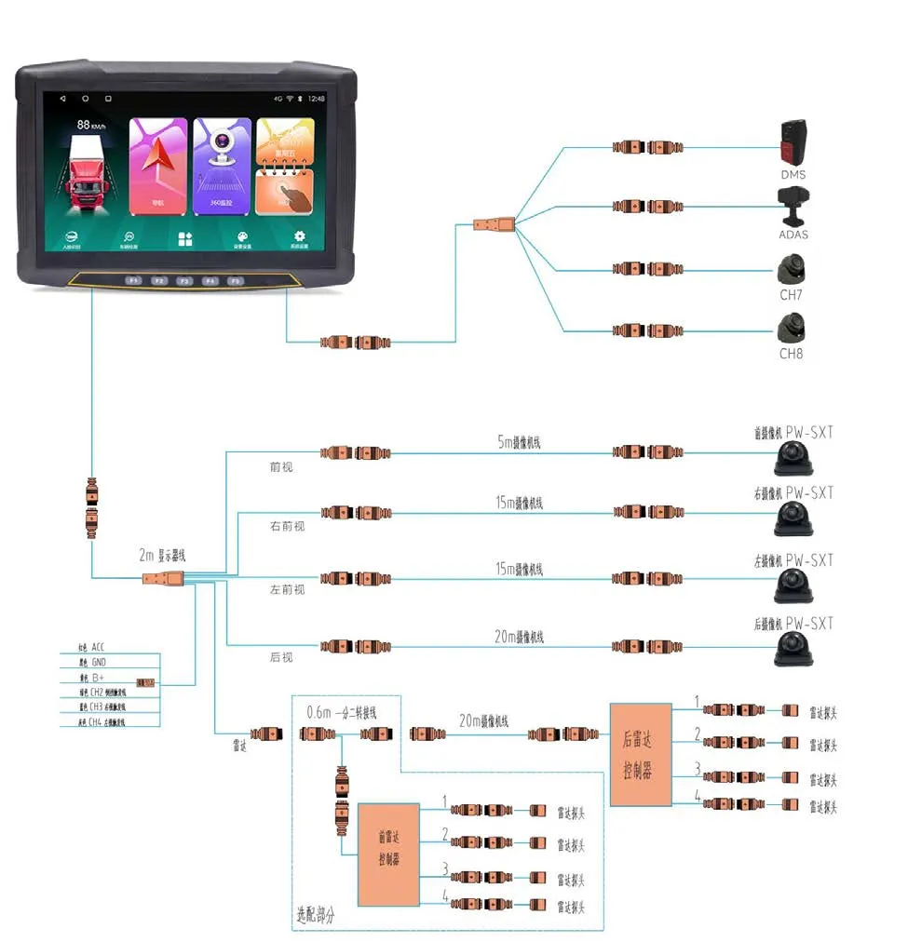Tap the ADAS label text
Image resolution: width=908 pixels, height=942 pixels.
(x=793, y=235)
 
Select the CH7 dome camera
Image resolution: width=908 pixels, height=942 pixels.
(x=791, y=271)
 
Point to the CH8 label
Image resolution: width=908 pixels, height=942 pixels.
(x=791, y=354)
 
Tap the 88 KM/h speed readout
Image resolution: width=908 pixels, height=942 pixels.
(x=91, y=125)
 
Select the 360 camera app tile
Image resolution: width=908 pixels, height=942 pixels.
(x=222, y=166)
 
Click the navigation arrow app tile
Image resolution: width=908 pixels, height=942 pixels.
(x=157, y=166)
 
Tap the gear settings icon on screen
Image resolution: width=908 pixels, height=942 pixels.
(x=299, y=237)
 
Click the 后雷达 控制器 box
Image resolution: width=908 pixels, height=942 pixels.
(x=641, y=754)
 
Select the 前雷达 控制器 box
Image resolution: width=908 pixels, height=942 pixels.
(x=388, y=848)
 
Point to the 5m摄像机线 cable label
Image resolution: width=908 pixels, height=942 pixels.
(x=520, y=443)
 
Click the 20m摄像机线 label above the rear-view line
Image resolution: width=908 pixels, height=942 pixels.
(x=520, y=637)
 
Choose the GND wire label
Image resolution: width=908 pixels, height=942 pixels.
(x=99, y=662)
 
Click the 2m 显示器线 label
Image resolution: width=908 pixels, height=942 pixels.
(x=163, y=555)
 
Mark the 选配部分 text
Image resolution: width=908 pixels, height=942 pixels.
(x=316, y=916)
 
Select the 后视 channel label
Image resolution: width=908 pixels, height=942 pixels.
(x=281, y=657)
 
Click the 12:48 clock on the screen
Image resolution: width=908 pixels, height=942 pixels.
(x=318, y=99)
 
